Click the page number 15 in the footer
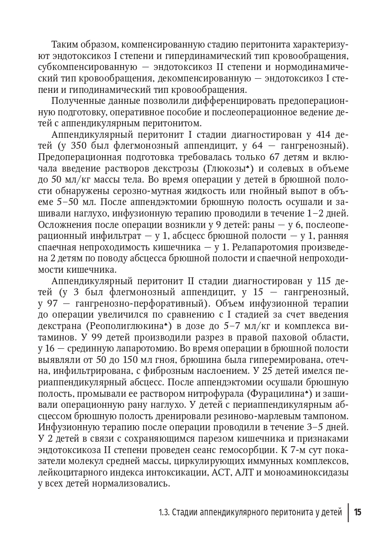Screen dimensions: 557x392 (x=358, y=512)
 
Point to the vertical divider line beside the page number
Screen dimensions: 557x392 (x=348, y=512)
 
